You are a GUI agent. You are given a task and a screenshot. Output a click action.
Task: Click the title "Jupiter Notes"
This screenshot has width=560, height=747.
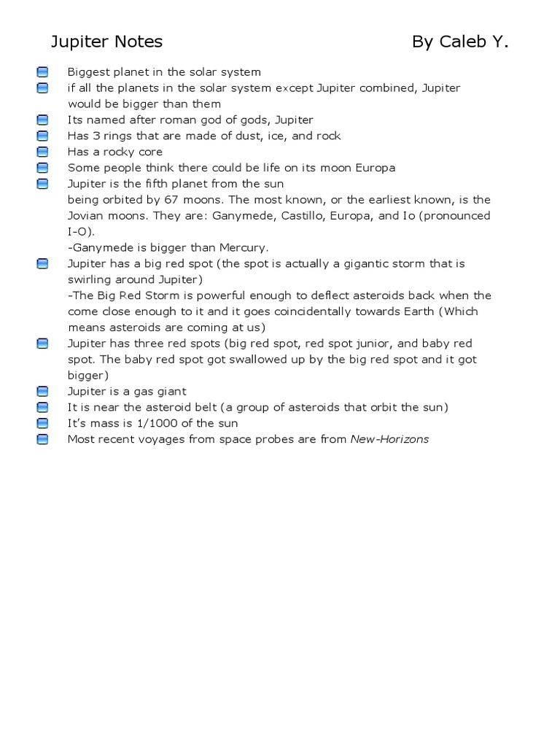(x=106, y=42)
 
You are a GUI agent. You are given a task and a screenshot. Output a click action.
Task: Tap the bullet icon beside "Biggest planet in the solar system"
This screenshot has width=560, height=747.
(x=42, y=72)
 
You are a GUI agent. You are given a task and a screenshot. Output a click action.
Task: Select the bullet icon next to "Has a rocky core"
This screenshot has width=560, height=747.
(x=42, y=152)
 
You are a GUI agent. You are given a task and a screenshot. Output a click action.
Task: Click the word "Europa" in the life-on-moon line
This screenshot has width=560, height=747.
(x=373, y=168)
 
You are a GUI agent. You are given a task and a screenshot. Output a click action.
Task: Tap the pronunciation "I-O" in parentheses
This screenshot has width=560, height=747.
(x=77, y=232)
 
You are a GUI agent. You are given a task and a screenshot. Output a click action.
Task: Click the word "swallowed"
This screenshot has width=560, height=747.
(x=241, y=360)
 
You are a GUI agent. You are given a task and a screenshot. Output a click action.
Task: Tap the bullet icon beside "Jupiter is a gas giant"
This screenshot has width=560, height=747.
(x=42, y=392)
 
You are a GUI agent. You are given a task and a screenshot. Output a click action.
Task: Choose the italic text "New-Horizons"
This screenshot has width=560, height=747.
(x=389, y=439)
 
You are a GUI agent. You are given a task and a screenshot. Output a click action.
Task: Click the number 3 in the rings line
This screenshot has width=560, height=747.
(x=97, y=136)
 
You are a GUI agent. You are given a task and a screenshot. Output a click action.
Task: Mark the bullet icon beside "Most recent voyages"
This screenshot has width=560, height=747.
(x=42, y=439)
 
